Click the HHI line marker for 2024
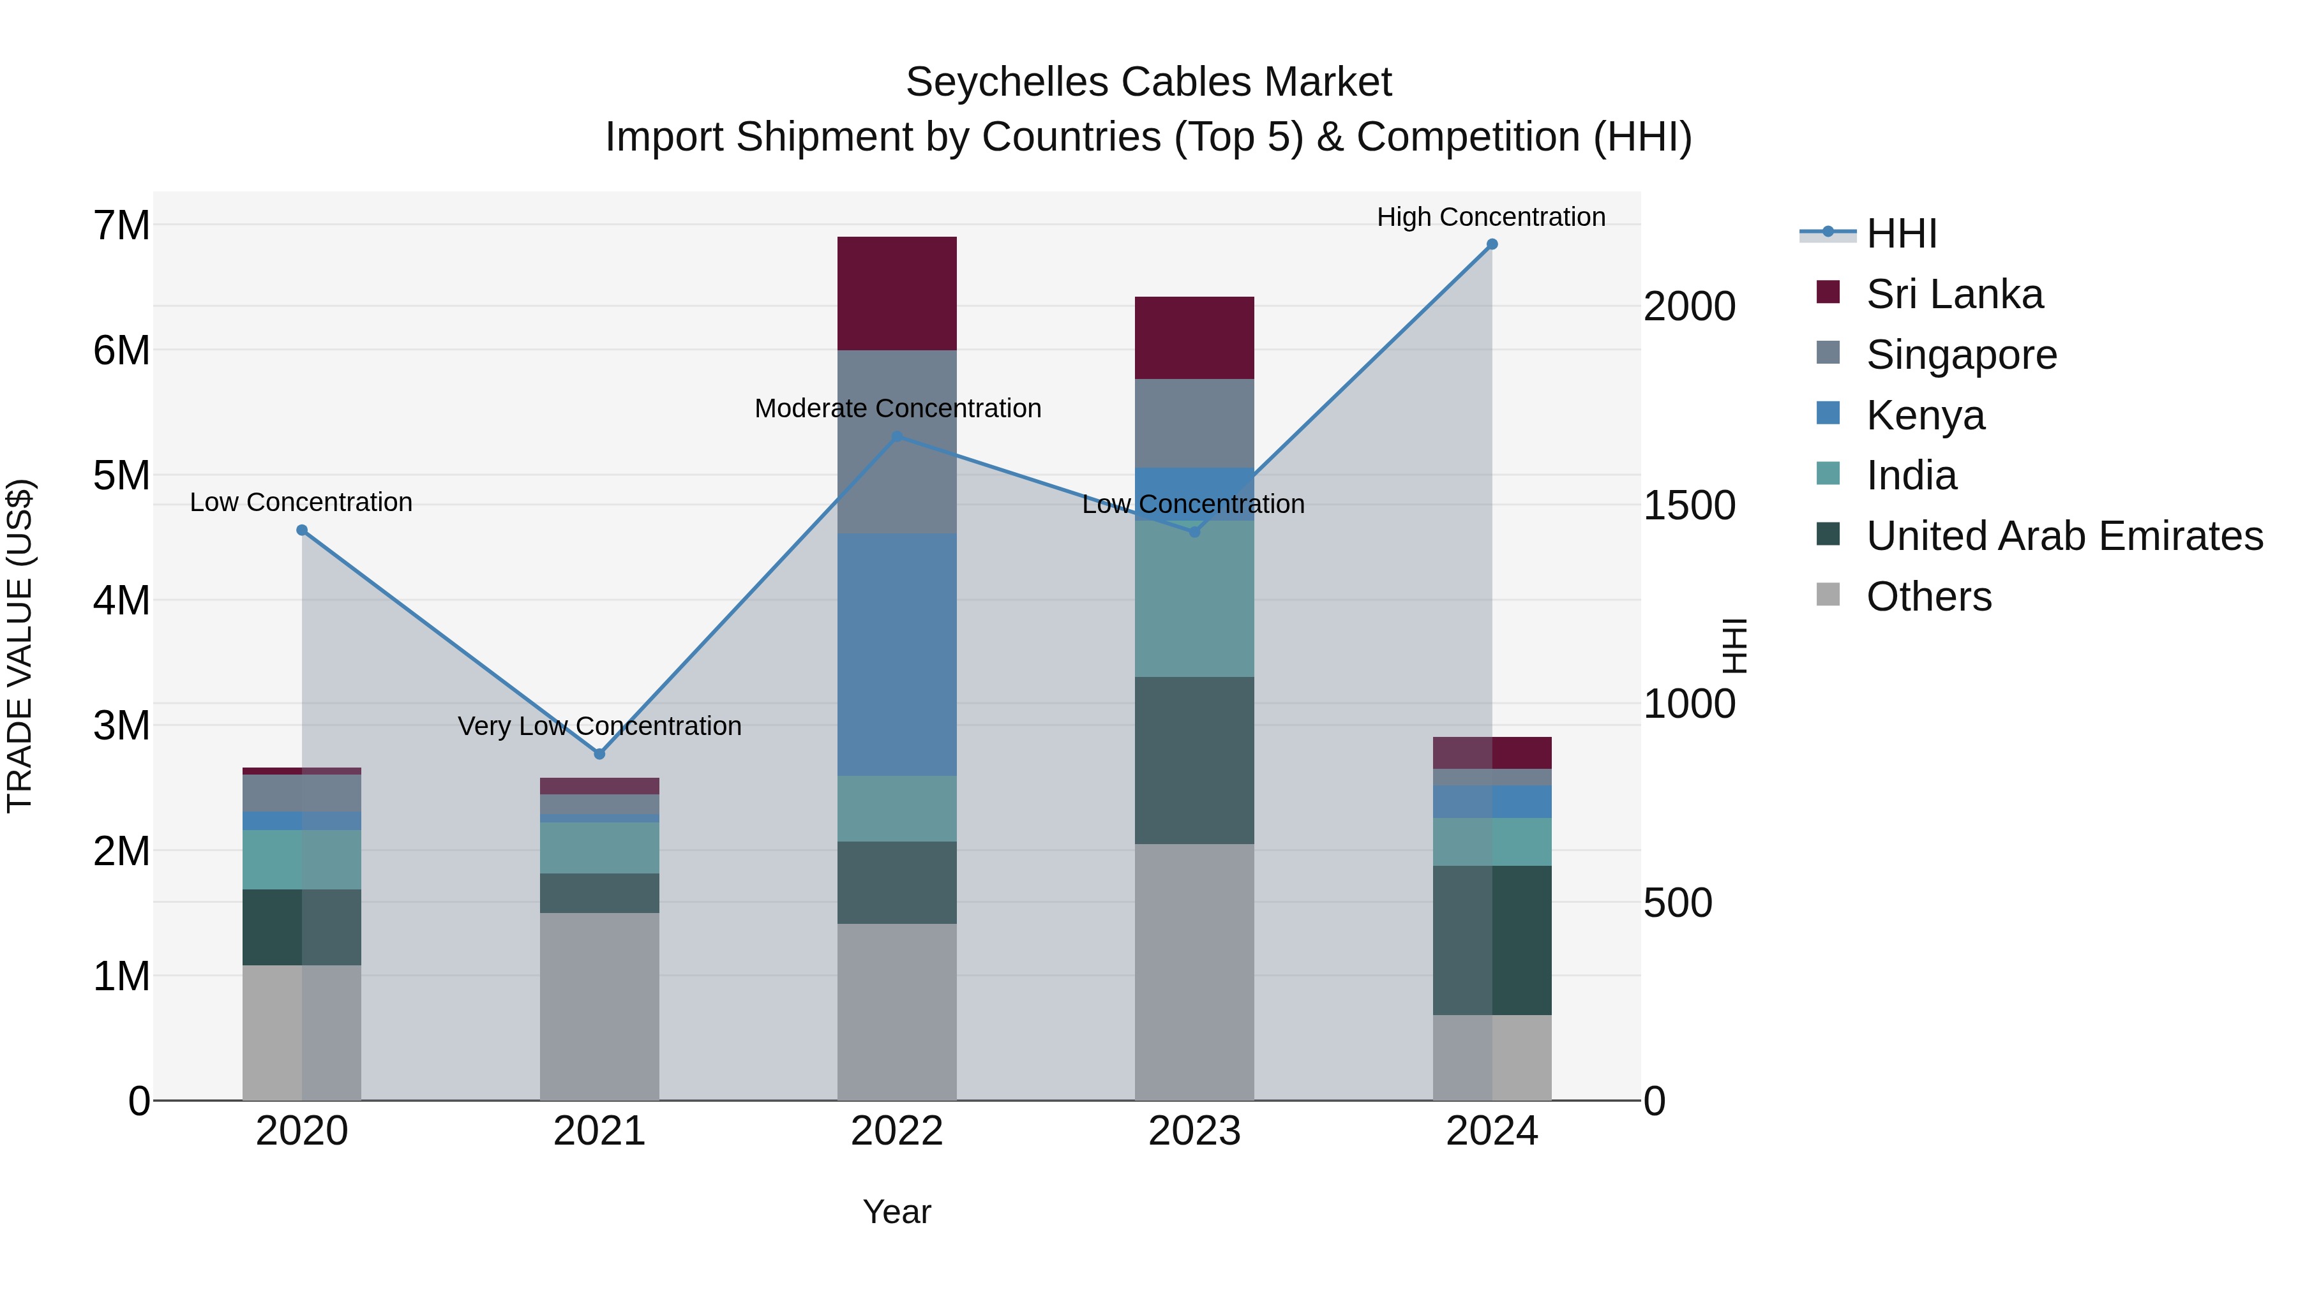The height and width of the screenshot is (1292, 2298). [x=1492, y=244]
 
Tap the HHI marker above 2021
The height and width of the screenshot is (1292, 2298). [x=599, y=754]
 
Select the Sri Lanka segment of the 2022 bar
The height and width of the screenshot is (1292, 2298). [x=897, y=293]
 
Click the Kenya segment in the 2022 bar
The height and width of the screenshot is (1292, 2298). [x=897, y=655]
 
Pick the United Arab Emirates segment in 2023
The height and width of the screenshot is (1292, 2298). [x=1194, y=760]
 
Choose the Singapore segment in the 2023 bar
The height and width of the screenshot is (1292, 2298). [x=1194, y=424]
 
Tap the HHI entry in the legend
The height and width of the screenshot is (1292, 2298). [x=1900, y=234]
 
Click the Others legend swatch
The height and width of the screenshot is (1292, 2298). [x=1828, y=595]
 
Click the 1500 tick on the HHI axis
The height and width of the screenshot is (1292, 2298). [x=1688, y=505]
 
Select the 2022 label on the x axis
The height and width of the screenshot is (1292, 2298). [x=897, y=1131]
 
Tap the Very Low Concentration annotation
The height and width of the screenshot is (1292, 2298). [x=599, y=726]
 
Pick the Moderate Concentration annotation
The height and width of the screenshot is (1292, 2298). [x=897, y=408]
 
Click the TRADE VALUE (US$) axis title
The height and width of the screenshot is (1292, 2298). [x=20, y=646]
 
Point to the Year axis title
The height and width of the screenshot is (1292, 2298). [x=897, y=1212]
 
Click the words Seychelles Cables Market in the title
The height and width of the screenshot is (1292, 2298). [x=1148, y=82]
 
